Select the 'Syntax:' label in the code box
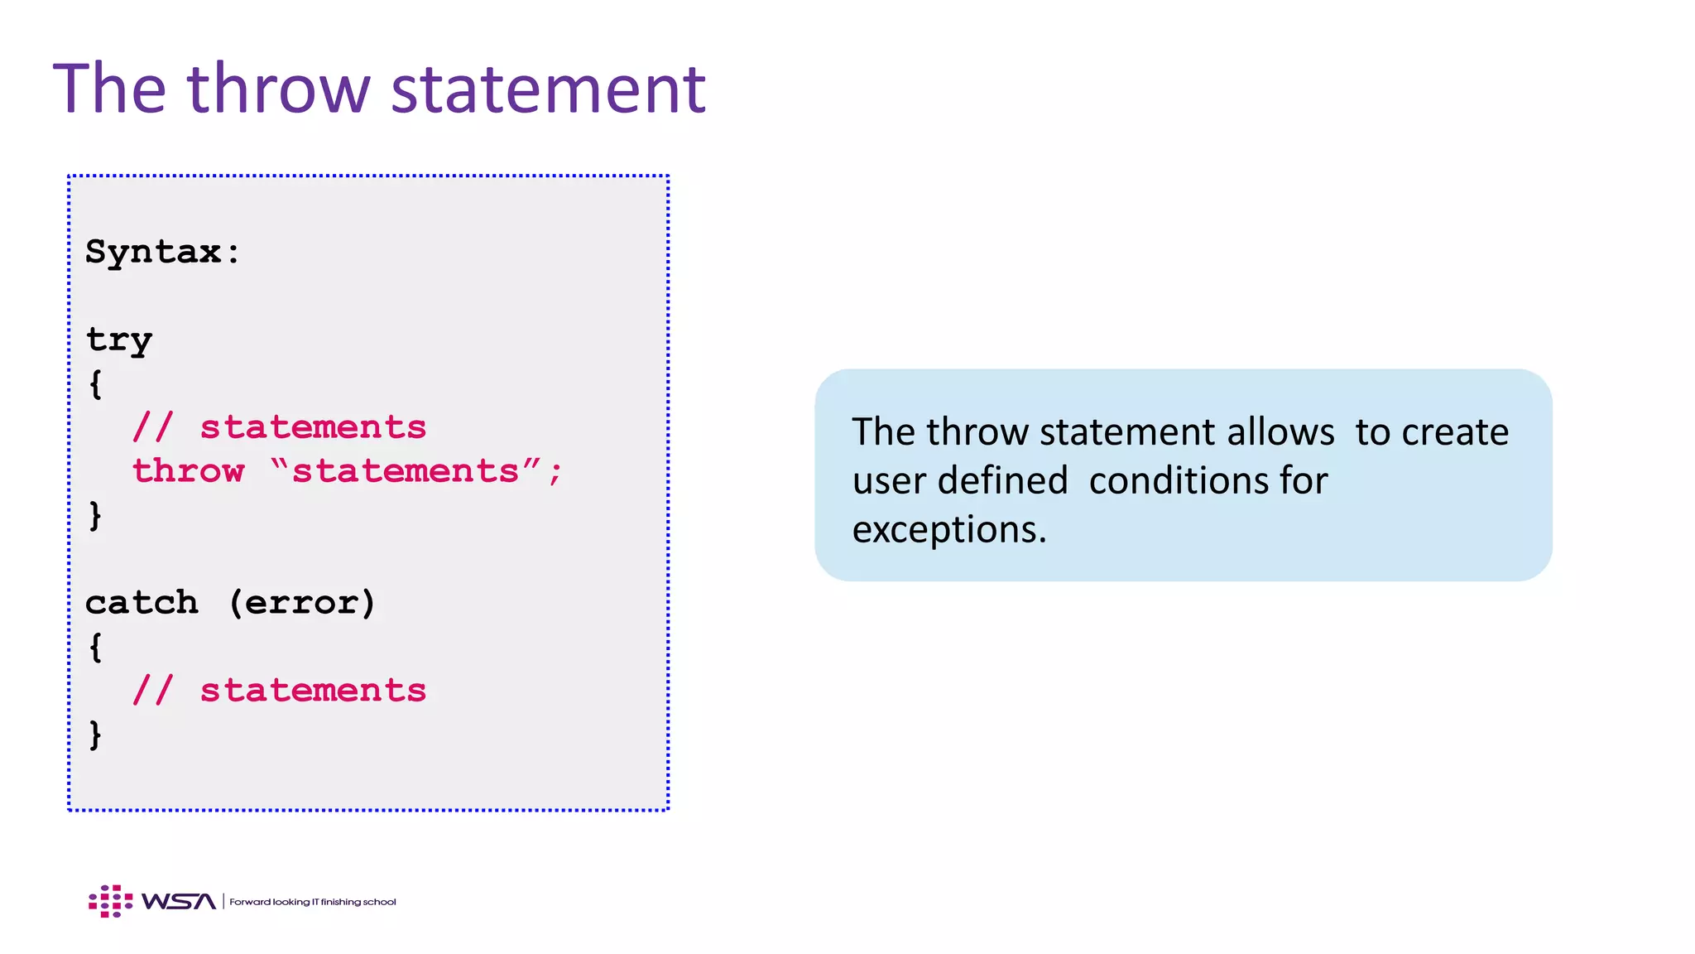[x=163, y=252]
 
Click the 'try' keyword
[x=119, y=340]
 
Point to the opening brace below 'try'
[x=96, y=383]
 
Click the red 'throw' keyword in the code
[x=189, y=471]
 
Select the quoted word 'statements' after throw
[x=406, y=471]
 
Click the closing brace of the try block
[x=96, y=515]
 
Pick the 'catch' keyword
[x=142, y=603]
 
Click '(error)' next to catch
[x=302, y=603]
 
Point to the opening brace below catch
[x=96, y=647]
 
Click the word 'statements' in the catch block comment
[x=313, y=691]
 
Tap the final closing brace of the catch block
[x=96, y=735]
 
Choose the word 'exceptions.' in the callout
[x=949, y=529]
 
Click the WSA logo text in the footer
[x=179, y=901]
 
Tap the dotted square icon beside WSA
[x=110, y=901]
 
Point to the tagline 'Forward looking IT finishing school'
[x=313, y=902]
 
